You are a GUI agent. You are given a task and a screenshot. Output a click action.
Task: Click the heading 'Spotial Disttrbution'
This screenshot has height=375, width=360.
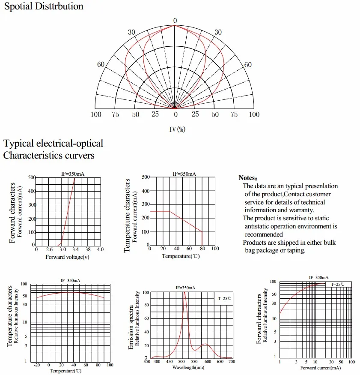pyautogui.click(x=44, y=6)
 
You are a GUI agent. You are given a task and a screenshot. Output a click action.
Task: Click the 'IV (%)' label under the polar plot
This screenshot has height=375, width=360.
pyautogui.click(x=177, y=129)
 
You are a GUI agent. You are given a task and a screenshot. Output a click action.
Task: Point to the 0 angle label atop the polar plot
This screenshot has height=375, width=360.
pyautogui.click(x=175, y=21)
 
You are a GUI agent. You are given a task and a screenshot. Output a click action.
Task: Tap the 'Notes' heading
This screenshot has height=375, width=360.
pyautogui.click(x=248, y=178)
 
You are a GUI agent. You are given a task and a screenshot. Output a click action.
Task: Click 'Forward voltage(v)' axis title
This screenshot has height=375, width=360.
pyautogui.click(x=67, y=257)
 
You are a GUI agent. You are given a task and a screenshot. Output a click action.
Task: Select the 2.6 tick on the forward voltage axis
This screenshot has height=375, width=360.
pyautogui.click(x=49, y=249)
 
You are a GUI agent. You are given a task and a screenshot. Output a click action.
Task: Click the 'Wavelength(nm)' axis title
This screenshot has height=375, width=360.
pyautogui.click(x=188, y=367)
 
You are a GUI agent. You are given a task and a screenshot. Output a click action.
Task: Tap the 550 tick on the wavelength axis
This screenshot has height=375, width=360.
pyautogui.click(x=194, y=361)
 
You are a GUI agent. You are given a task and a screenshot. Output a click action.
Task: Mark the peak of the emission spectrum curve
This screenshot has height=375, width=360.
pyautogui.click(x=184, y=292)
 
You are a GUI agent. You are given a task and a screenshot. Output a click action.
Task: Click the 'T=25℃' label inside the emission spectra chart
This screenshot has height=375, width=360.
pyautogui.click(x=224, y=298)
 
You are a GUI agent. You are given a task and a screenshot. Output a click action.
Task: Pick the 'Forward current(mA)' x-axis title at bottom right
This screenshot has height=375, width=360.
pyautogui.click(x=320, y=368)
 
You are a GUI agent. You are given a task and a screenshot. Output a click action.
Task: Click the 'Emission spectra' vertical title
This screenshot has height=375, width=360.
pyautogui.click(x=131, y=327)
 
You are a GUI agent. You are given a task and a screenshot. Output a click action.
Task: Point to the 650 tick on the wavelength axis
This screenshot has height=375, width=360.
pyautogui.click(x=220, y=361)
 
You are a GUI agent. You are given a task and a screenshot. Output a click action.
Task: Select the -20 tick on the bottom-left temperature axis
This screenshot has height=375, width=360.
pyautogui.click(x=37, y=365)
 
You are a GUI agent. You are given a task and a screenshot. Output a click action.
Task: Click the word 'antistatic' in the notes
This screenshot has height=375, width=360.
pyautogui.click(x=258, y=226)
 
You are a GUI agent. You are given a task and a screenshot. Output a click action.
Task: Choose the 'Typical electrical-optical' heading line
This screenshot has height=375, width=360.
pyautogui.click(x=53, y=144)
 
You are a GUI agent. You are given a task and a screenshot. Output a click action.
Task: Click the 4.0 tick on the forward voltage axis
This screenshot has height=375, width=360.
pyautogui.click(x=100, y=249)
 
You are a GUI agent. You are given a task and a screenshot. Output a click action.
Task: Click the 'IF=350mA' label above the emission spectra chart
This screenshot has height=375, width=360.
pyautogui.click(x=185, y=288)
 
